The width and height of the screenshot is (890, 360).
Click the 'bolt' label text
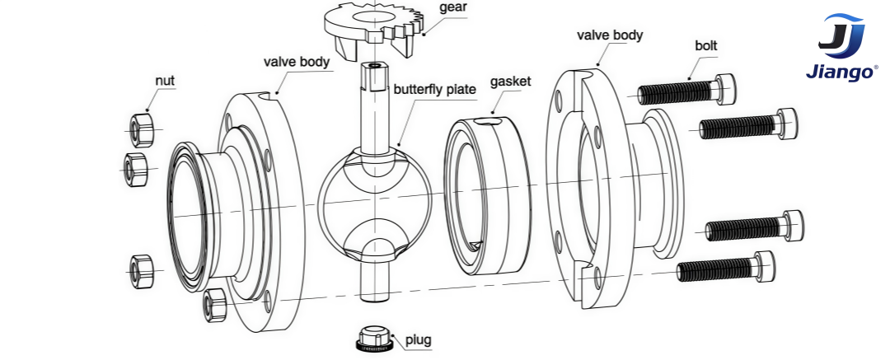coord(706,45)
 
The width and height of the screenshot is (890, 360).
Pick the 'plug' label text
coord(418,339)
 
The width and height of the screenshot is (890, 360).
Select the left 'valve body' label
coord(297,62)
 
